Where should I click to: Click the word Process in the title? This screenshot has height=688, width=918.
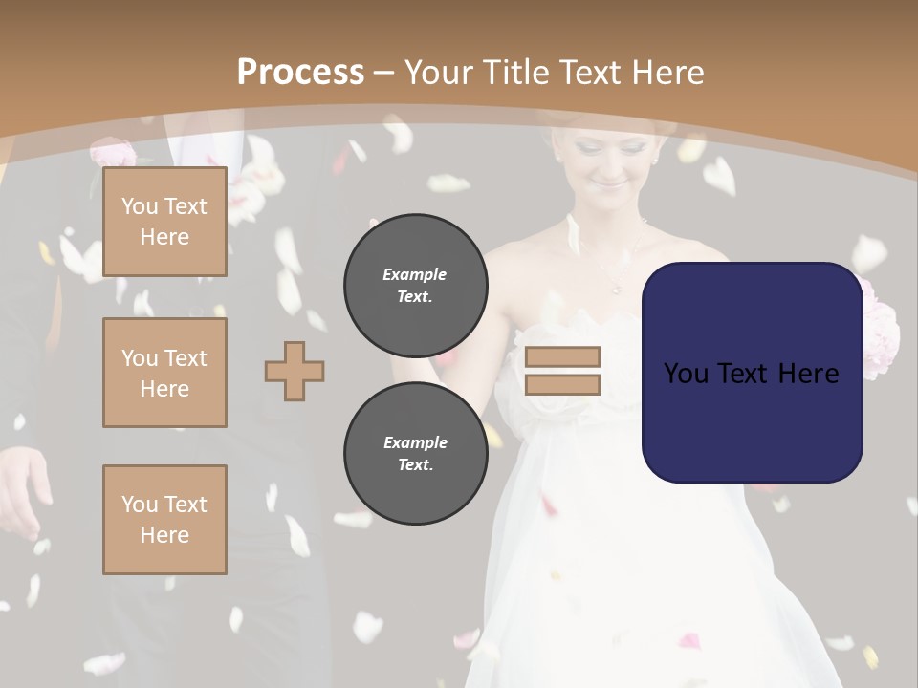pos(300,73)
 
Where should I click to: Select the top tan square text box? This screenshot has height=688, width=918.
pos(164,222)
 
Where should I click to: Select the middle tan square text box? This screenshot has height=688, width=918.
pos(164,373)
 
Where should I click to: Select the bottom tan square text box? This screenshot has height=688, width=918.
pos(164,519)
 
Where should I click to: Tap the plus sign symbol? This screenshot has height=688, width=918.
pos(295,371)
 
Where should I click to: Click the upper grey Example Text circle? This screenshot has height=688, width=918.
pos(415,286)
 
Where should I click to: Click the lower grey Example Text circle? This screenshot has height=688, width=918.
pos(415,454)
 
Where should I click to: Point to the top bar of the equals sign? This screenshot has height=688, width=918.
pos(562,356)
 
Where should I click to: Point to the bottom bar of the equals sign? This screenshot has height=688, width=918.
pos(562,384)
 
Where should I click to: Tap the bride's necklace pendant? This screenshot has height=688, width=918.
pos(616,286)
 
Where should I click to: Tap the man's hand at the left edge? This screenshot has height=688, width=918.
pos(21,487)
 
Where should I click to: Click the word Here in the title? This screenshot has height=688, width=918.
pos(667,73)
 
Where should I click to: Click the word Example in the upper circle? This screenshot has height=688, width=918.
pos(415,274)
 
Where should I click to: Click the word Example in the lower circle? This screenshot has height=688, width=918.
pos(415,442)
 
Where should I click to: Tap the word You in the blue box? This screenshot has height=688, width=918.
pos(685,374)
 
